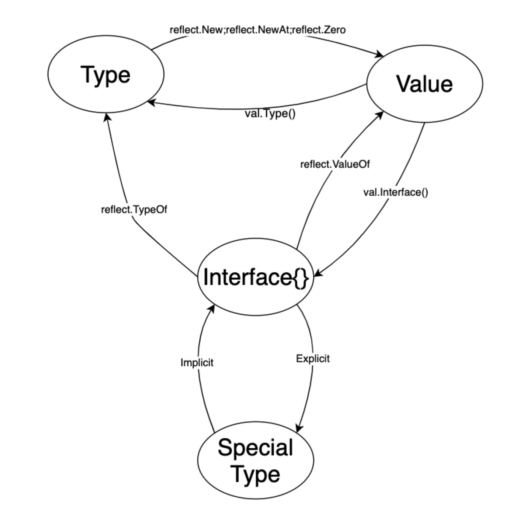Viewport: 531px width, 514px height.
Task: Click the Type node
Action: (x=105, y=74)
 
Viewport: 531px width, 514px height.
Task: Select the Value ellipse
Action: (x=424, y=84)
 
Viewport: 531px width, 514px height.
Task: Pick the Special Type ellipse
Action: (x=256, y=461)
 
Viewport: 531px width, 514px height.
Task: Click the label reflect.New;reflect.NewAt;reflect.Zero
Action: (x=257, y=30)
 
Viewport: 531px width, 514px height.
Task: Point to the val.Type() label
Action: (x=270, y=113)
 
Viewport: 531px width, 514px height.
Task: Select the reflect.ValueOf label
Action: (x=335, y=164)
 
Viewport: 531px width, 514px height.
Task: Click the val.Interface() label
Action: (x=396, y=192)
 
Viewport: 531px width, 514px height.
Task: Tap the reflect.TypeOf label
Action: (x=134, y=210)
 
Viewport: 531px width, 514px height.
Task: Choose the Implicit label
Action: (x=197, y=363)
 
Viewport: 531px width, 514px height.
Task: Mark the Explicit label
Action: (x=313, y=359)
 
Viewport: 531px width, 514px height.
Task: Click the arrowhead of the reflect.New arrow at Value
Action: (x=380, y=55)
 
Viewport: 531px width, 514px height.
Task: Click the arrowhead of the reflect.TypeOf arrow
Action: (x=107, y=117)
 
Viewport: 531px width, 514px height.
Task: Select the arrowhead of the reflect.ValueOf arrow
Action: (x=380, y=115)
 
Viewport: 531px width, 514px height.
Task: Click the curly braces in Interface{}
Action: (x=301, y=277)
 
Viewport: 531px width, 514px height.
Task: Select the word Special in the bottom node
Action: (x=255, y=447)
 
